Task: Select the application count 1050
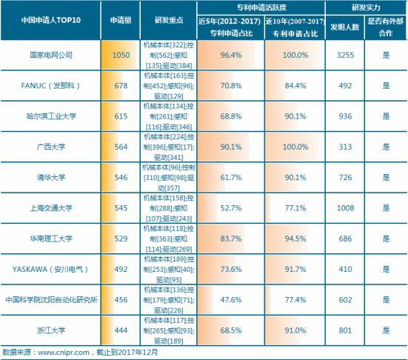[x=120, y=55]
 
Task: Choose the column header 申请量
[x=120, y=20]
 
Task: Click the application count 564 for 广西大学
[x=120, y=146]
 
